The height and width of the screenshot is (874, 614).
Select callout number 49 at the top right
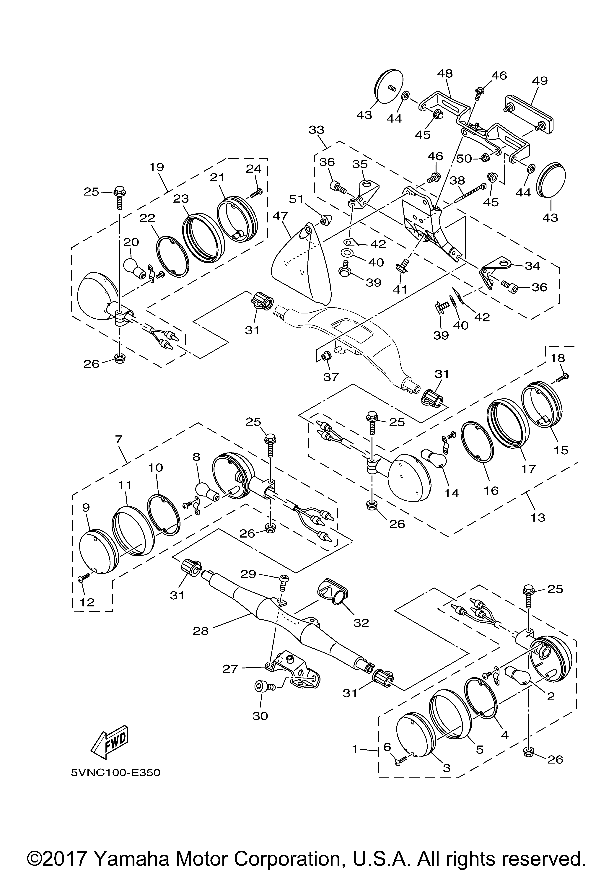coord(540,81)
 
